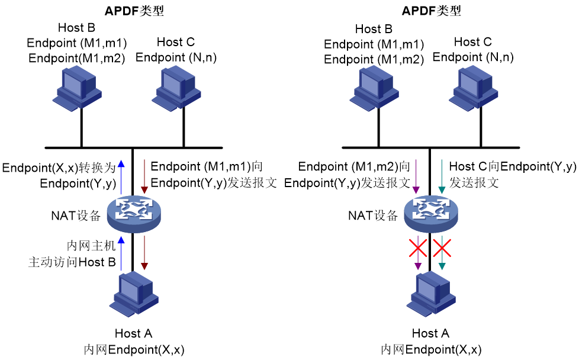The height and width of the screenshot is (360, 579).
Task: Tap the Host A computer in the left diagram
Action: point(134,294)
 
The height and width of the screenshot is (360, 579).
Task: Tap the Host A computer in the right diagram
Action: point(431,294)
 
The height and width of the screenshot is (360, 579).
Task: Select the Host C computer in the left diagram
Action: point(176,89)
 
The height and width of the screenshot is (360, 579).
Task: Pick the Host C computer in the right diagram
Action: point(474,89)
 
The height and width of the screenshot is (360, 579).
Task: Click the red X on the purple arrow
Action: point(417,247)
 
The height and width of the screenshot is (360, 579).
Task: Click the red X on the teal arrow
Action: point(442,247)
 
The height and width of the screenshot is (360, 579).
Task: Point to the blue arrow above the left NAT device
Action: point(121,177)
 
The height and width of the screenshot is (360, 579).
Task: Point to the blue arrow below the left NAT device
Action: point(121,253)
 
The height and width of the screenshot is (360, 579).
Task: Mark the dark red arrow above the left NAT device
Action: point(144,176)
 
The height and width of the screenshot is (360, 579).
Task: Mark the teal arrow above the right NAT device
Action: point(442,176)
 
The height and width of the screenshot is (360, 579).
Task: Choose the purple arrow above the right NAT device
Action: point(416,176)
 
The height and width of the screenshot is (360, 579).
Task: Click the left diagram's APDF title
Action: point(134,11)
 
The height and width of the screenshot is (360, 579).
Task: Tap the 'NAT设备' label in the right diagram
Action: point(373,216)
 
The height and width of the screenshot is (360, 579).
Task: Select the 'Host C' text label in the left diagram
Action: point(176,41)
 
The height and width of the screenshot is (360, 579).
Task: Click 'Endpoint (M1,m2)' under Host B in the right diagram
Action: point(374,59)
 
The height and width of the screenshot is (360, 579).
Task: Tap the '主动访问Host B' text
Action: point(72,262)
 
